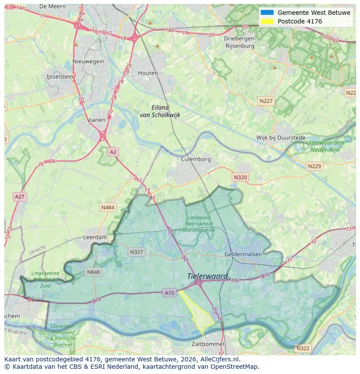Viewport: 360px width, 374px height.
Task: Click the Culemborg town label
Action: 196,159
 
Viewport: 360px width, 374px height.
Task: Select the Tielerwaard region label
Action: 207,276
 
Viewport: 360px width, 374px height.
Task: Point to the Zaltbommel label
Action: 208,344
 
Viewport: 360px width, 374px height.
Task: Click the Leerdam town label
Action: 95,238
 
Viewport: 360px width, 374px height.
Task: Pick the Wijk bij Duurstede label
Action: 281,138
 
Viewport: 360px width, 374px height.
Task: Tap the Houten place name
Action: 148,73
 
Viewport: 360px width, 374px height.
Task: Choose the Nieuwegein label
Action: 89,61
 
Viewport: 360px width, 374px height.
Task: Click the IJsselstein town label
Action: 60,76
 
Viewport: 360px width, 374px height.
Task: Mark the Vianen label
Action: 96,120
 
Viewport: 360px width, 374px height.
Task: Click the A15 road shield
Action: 170,293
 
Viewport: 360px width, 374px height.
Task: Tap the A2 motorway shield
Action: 113,152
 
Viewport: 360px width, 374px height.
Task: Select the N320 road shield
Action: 240,177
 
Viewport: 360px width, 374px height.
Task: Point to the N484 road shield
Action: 107,208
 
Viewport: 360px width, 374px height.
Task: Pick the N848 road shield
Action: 93,272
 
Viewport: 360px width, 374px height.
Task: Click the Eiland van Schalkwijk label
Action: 160,111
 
